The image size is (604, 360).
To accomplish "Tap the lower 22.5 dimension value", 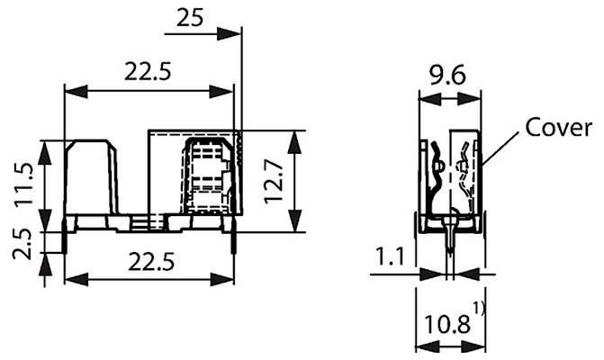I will (149, 261).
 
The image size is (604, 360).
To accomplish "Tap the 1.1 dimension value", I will (389, 257).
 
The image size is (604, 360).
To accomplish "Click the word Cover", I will (558, 127).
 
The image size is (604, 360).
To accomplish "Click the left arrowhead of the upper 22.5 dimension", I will (70, 91).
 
